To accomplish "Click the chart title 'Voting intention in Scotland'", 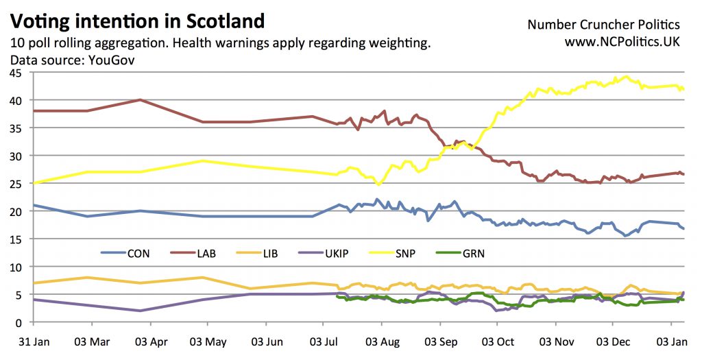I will pos(138,20).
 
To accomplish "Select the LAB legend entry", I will pos(206,254).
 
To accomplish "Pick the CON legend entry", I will pos(138,254).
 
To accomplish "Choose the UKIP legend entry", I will pos(336,254).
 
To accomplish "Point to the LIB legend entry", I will pos(270,254).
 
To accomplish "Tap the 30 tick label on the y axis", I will pos(17,156).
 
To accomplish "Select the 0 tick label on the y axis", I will pos(20,322).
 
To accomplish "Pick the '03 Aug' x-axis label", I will pos(382,340).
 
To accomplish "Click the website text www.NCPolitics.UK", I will pos(622,43).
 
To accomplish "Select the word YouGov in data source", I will pos(111,60).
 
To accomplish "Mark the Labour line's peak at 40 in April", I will pos(140,99).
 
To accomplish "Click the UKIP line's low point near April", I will pos(140,311).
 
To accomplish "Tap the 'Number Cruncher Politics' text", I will pos(603,25).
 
